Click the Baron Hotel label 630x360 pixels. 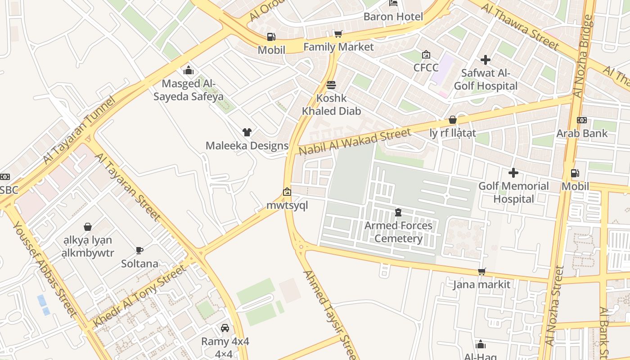(x=393, y=17)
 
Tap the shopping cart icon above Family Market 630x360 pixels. (x=338, y=34)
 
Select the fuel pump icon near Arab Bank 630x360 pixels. (x=575, y=173)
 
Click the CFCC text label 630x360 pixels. (x=426, y=67)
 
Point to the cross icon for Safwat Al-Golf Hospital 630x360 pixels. (x=485, y=59)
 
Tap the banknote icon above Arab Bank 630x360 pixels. (x=581, y=120)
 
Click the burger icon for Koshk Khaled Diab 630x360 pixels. (x=331, y=85)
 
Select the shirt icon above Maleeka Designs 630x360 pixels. (x=247, y=132)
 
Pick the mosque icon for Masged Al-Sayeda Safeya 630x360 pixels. (x=189, y=70)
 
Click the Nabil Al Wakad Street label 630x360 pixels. (x=355, y=141)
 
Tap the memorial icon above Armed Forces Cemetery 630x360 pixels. (x=398, y=212)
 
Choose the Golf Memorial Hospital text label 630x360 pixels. (x=513, y=193)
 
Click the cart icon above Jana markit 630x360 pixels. (x=481, y=271)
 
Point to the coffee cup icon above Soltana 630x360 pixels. (x=139, y=250)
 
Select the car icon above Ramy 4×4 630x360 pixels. (x=225, y=328)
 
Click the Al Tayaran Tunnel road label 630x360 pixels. (x=80, y=130)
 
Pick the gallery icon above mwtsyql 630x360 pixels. (x=287, y=192)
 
